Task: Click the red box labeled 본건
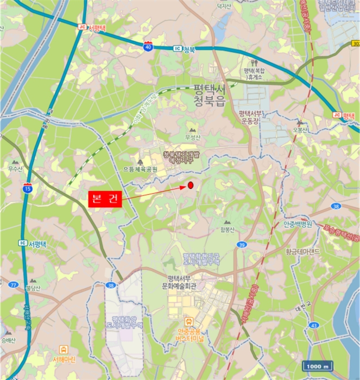pos(105,199)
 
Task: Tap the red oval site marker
pos(191,186)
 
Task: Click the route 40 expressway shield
pos(148,46)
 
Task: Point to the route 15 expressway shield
pos(28,189)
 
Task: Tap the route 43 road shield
pos(313,325)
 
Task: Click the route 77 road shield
pos(13,284)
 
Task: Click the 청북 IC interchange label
pos(184,48)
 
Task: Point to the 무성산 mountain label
pos(193,137)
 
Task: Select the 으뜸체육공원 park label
pos(140,169)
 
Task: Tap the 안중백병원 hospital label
pos(298,224)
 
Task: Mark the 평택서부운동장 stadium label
pos(250,117)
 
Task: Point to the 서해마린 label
pos(65,359)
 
